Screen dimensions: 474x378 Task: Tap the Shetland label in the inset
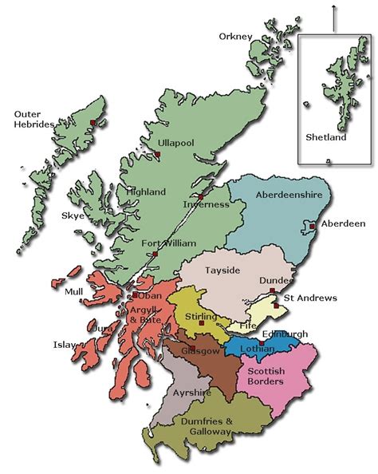[326, 137]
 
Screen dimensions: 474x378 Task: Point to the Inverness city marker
[201, 195]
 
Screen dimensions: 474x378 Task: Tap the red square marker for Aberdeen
[313, 226]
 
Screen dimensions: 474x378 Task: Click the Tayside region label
[222, 271]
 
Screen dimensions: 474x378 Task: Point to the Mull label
[73, 291]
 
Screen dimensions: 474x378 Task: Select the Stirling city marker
[202, 323]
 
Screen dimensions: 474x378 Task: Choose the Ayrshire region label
[191, 393]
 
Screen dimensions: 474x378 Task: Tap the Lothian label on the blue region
[257, 350]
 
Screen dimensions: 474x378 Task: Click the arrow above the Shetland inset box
[333, 16]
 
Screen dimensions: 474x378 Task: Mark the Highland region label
[146, 192]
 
